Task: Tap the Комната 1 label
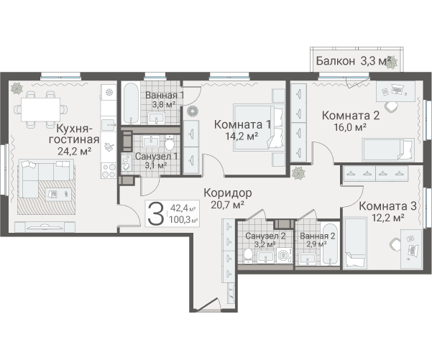click(x=242, y=124)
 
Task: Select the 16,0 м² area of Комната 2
click(x=350, y=127)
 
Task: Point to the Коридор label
click(x=228, y=193)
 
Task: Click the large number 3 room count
click(x=156, y=213)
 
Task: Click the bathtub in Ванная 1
click(x=131, y=103)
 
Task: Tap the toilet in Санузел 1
click(x=170, y=143)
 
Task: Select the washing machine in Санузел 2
click(x=285, y=255)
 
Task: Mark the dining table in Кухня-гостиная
click(x=41, y=109)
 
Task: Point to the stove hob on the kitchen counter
click(x=109, y=170)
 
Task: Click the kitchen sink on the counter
click(x=109, y=125)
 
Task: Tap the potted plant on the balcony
click(x=391, y=63)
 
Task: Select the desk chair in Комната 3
click(x=395, y=244)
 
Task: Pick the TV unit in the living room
click(x=45, y=227)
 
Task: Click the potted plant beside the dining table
click(x=17, y=88)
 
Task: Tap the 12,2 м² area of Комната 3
click(x=388, y=218)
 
